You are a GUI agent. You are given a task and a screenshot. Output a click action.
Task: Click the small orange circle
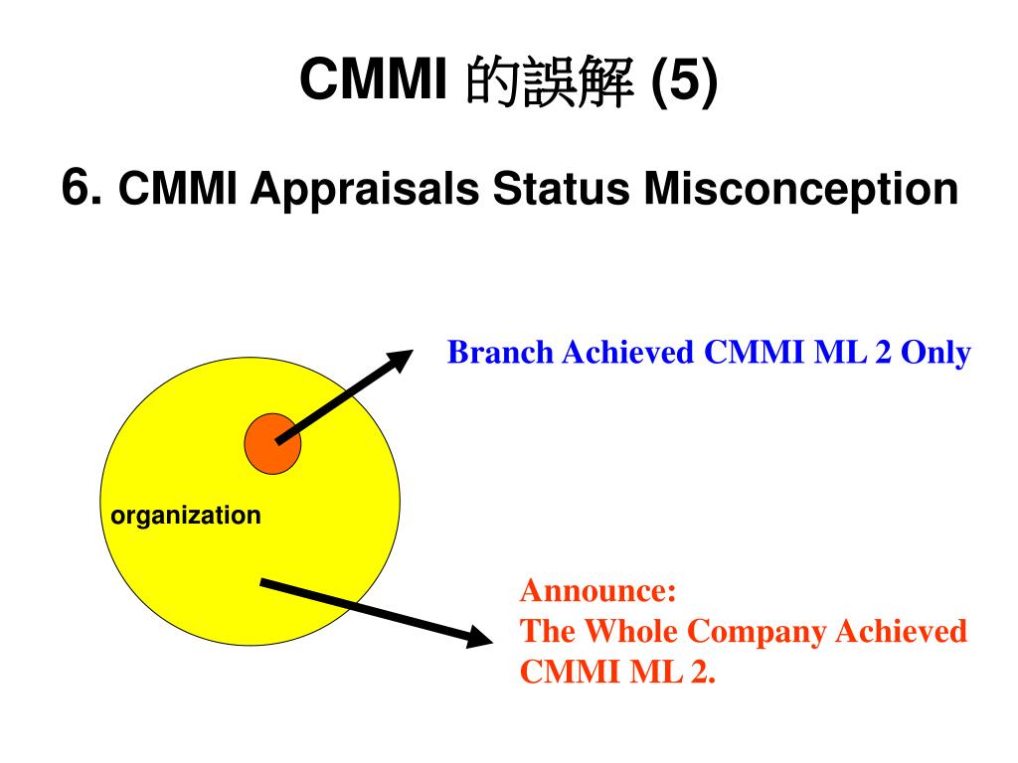(272, 443)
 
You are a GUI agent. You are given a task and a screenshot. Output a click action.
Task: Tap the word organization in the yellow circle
(186, 516)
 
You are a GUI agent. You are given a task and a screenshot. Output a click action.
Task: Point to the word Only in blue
(935, 353)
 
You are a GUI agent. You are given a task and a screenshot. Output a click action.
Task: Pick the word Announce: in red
(598, 591)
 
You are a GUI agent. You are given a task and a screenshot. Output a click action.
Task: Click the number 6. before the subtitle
(83, 187)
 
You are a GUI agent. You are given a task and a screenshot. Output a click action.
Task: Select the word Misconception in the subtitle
(801, 189)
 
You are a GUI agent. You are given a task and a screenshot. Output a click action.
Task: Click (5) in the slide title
(683, 82)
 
